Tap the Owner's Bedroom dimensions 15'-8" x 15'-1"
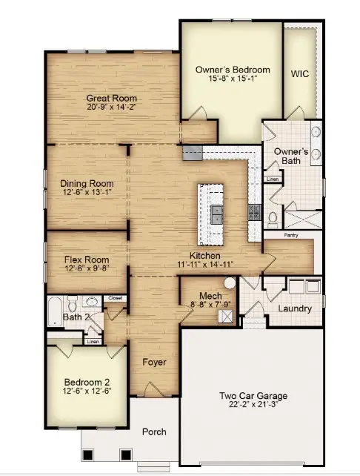[232, 80]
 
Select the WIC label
[299, 74]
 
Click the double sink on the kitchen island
[216, 215]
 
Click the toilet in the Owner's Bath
[272, 218]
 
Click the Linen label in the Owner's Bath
[272, 179]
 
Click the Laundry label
[294, 308]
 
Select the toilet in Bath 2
[72, 303]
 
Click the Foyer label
[154, 363]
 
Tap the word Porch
[154, 432]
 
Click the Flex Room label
[86, 260]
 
